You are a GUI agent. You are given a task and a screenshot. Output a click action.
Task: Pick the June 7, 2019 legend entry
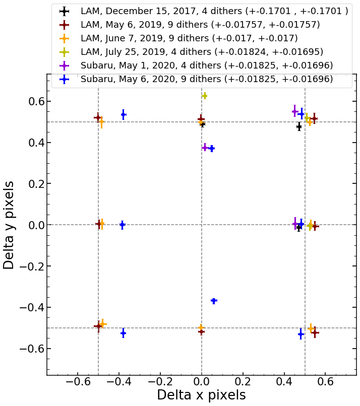[189, 38]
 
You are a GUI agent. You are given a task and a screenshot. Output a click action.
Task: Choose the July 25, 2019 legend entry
[202, 52]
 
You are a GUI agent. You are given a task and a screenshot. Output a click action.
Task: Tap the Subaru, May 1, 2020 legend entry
[207, 65]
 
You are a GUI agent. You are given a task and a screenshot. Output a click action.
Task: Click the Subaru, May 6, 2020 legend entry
[207, 79]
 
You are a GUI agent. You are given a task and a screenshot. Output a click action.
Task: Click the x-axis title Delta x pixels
[201, 395]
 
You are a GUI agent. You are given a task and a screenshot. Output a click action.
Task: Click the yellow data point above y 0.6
[204, 96]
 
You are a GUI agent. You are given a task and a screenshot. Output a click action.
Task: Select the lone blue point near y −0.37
[214, 301]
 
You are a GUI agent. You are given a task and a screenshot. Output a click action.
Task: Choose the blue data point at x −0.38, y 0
[122, 225]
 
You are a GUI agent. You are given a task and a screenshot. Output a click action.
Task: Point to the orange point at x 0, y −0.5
[201, 327]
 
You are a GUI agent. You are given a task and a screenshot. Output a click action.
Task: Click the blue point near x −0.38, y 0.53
[123, 114]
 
